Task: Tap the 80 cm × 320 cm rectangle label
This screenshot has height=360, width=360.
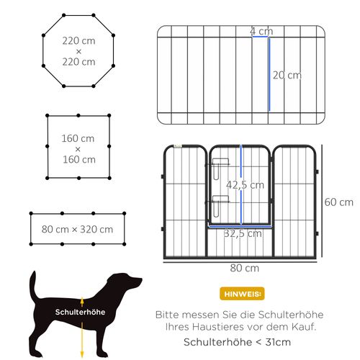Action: tap(78, 229)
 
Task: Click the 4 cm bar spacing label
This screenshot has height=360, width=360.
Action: tap(261, 31)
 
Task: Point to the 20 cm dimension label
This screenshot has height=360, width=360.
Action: tap(287, 75)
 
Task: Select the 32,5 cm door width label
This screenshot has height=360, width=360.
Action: tap(242, 233)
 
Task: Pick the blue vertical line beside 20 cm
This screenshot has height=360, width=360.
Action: tap(269, 75)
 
